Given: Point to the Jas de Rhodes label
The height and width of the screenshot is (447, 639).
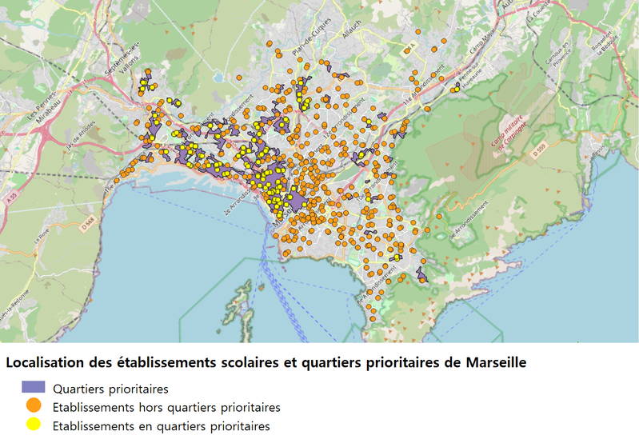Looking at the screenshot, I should [83, 129].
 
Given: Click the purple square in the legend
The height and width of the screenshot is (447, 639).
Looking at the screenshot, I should [34, 389].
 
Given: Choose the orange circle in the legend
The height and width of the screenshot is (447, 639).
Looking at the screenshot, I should [34, 407].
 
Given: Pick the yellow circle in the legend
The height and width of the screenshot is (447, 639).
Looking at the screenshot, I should [34, 425].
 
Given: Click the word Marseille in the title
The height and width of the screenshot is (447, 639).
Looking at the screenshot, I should [496, 362].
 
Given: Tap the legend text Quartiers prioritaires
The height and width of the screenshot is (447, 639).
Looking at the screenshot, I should [110, 389].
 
